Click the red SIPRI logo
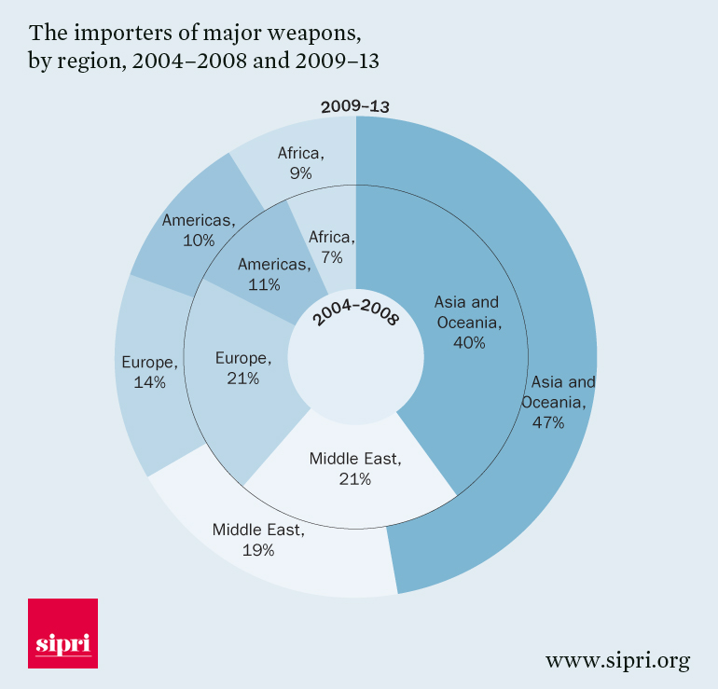[63, 633]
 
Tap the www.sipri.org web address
[617, 661]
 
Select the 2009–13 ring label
[354, 106]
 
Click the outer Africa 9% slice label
[300, 163]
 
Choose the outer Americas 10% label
[199, 229]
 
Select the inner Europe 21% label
[242, 367]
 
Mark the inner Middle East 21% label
[355, 469]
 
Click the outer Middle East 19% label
[257, 540]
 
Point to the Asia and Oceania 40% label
[468, 322]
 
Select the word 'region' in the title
[101, 62]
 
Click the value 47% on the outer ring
[549, 422]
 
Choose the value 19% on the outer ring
[257, 550]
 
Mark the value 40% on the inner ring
[468, 342]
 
